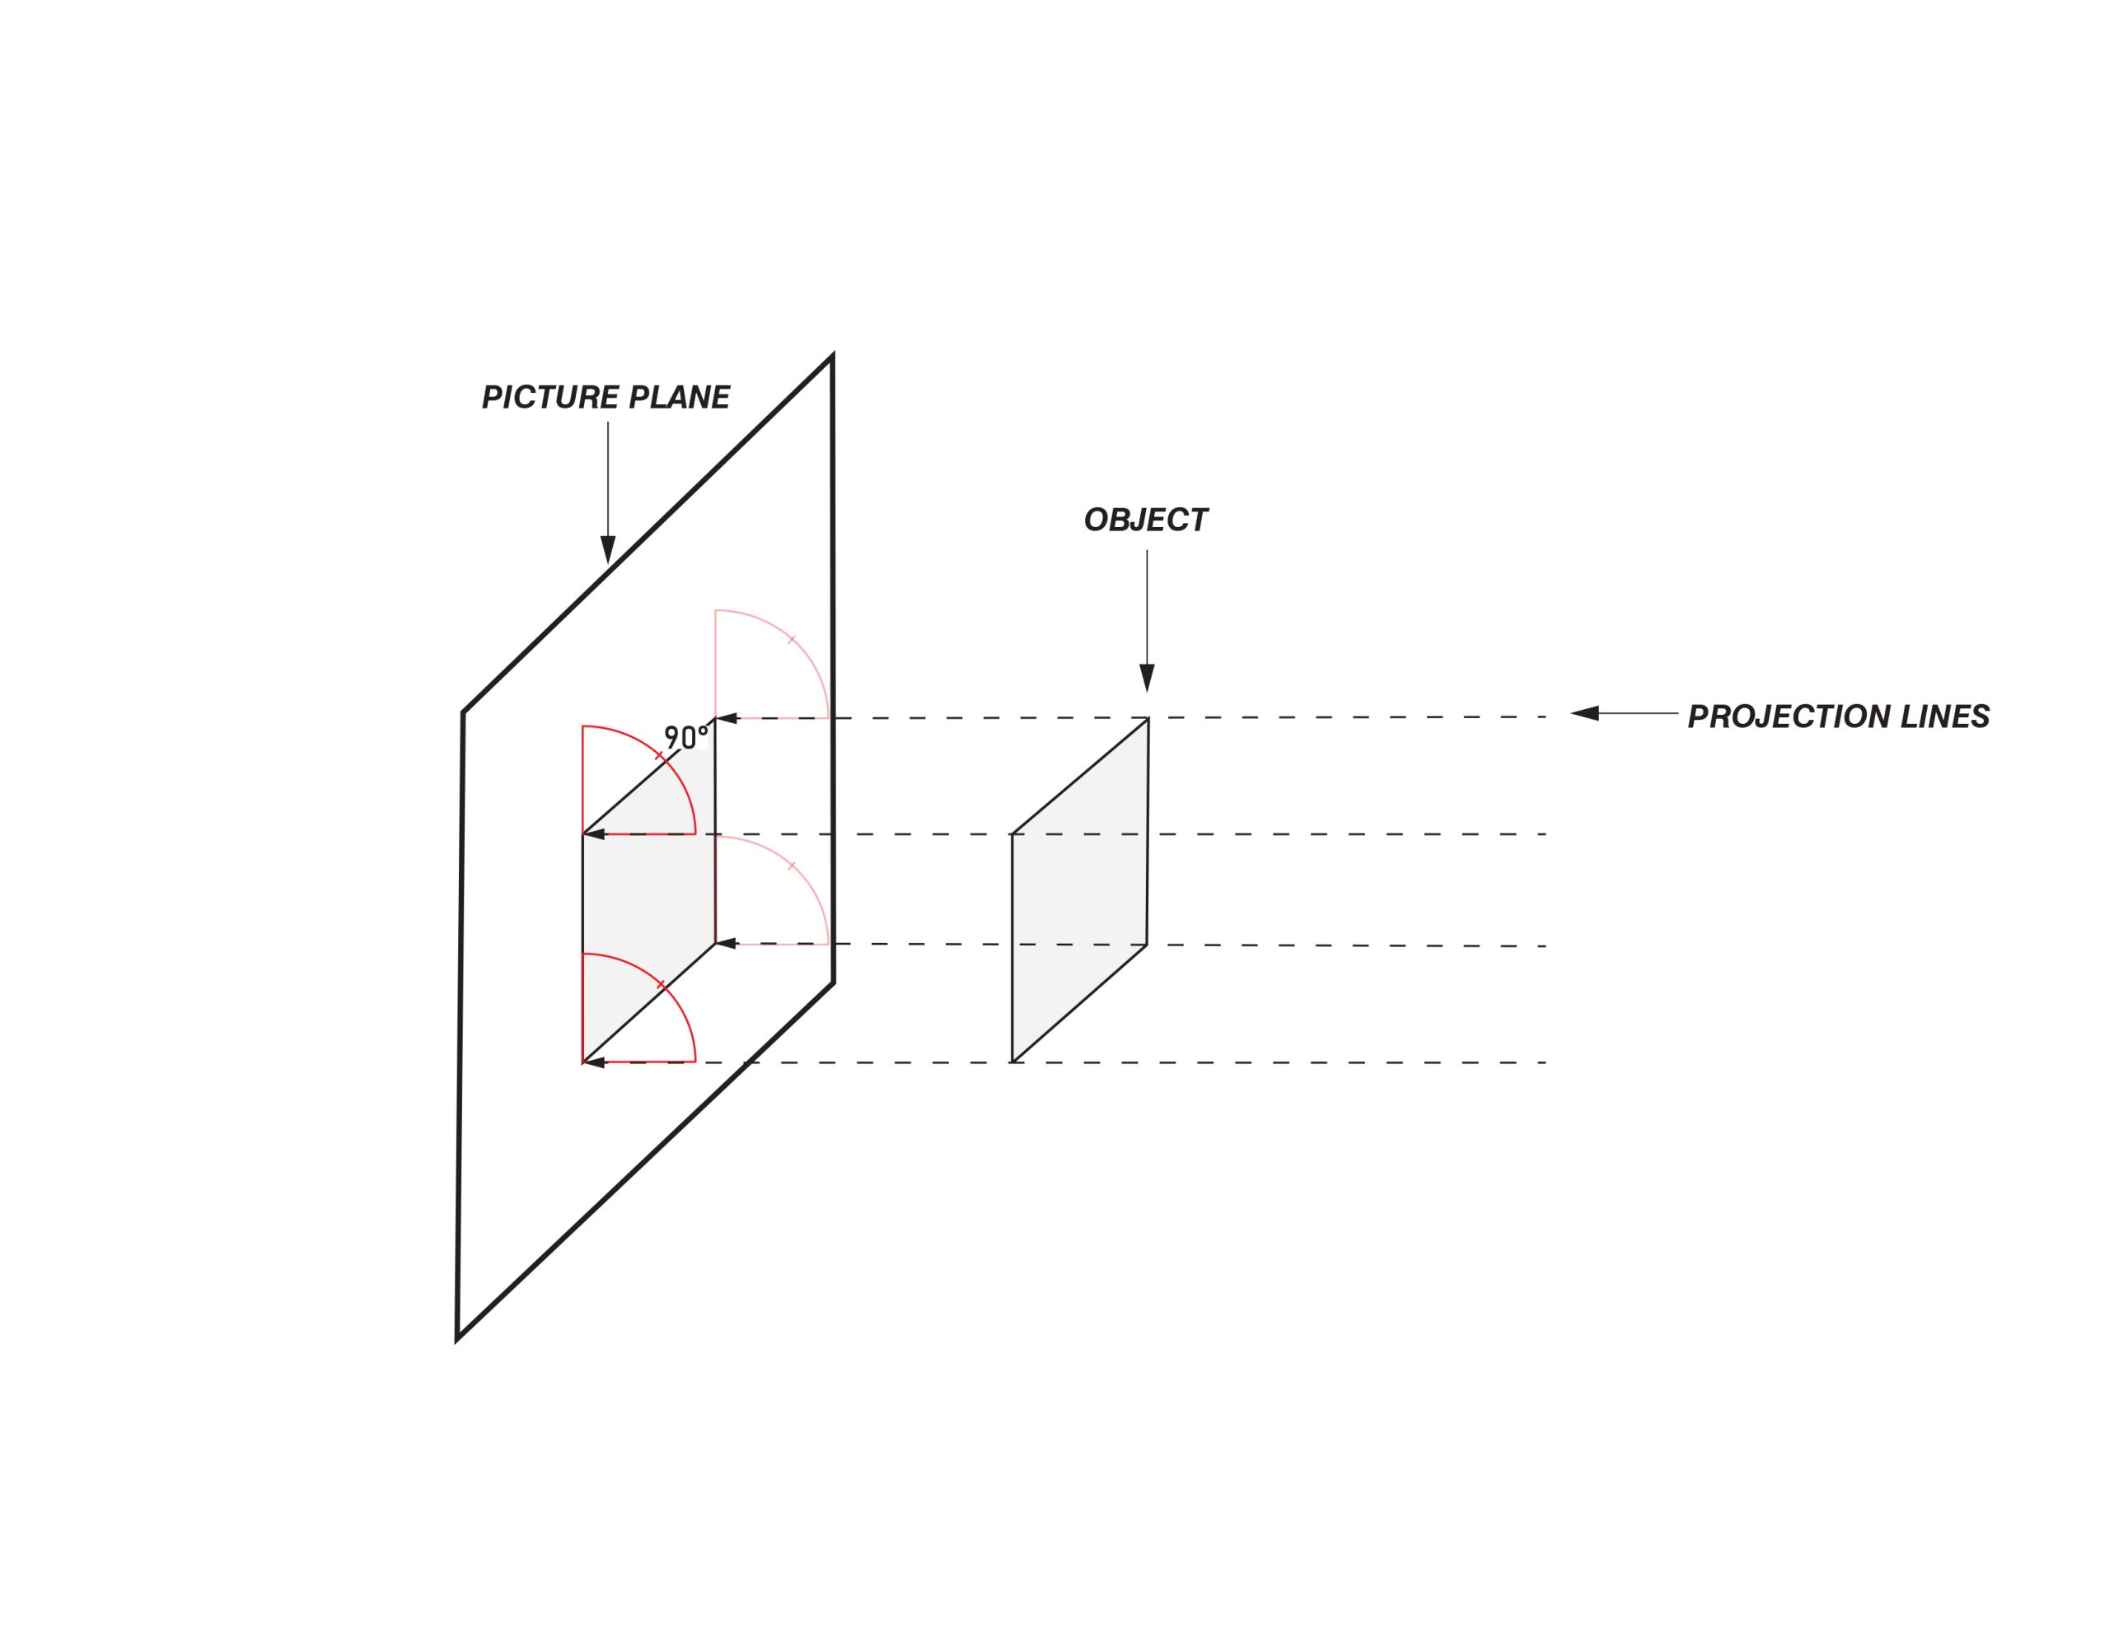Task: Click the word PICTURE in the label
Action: coord(550,398)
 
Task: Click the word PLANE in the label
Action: coord(679,398)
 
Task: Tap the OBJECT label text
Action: coord(1145,520)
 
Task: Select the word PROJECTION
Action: coord(1789,716)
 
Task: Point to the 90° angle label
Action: coord(685,737)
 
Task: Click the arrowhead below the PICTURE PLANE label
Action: coord(607,549)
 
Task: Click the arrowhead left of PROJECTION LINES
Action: coord(1586,713)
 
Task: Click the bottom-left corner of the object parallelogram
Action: coord(1012,1062)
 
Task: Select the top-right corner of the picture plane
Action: coord(831,357)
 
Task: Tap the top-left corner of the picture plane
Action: coord(464,712)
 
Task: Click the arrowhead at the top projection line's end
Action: coord(726,718)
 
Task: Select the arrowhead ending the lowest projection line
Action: coord(594,1062)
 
